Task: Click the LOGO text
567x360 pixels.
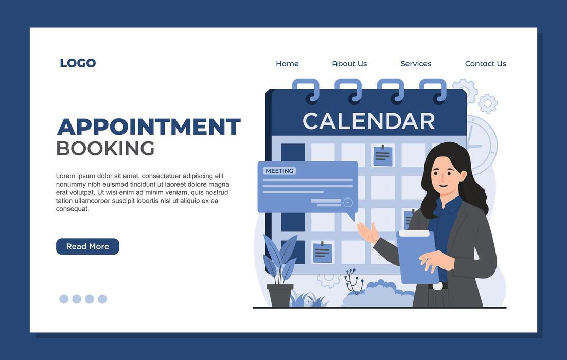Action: pyautogui.click(x=78, y=63)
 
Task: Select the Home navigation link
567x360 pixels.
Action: pyautogui.click(x=287, y=64)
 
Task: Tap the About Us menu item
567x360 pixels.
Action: pyautogui.click(x=349, y=64)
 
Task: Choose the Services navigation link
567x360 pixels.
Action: pyautogui.click(x=416, y=64)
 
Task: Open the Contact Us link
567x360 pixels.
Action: pyautogui.click(x=485, y=64)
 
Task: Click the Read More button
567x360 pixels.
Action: pyautogui.click(x=87, y=246)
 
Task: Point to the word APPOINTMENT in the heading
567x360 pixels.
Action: pyautogui.click(x=148, y=127)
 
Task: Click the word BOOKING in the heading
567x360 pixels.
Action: pyautogui.click(x=105, y=149)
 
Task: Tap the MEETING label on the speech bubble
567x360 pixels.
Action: pyautogui.click(x=279, y=171)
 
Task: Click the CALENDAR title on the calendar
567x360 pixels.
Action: pyautogui.click(x=368, y=121)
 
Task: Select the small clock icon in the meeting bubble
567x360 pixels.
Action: pyautogui.click(x=348, y=202)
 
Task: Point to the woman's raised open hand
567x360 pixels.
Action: pyautogui.click(x=367, y=232)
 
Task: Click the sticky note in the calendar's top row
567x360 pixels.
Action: pyautogui.click(x=383, y=155)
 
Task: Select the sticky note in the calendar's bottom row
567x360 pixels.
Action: pyautogui.click(x=323, y=252)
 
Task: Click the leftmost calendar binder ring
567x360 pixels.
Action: pyautogui.click(x=306, y=91)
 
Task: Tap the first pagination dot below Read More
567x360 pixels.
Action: pyautogui.click(x=64, y=299)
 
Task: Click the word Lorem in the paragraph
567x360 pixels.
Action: pyautogui.click(x=65, y=176)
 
